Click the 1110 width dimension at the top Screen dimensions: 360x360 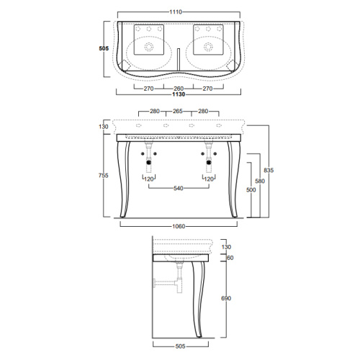pos(176,12)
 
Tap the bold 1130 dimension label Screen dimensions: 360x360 pos(179,94)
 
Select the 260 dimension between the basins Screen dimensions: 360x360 pos(179,89)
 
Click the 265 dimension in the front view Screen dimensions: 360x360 pos(178,111)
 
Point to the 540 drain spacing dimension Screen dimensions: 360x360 pos(179,189)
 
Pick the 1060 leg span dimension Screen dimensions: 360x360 pos(179,226)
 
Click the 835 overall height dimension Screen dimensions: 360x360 pos(269,170)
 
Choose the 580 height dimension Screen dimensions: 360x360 pos(260,181)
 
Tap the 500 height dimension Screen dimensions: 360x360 pos(251,190)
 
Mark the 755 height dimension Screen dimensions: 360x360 pos(104,176)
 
